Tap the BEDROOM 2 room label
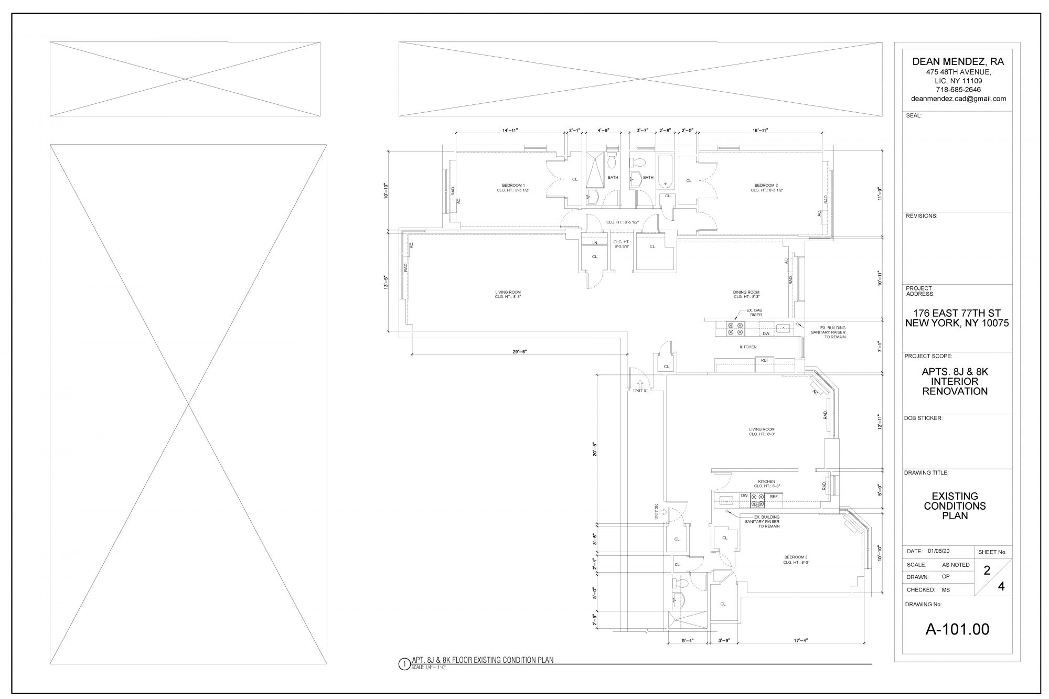766,185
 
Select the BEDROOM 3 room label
796,557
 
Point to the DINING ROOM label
746,292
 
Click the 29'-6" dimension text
520,352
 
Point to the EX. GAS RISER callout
756,313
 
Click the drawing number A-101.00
957,629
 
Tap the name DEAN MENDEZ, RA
958,61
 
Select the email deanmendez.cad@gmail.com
958,99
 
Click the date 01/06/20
939,551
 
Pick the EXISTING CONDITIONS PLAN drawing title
955,506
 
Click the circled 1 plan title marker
403,664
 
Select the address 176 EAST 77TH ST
957,313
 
